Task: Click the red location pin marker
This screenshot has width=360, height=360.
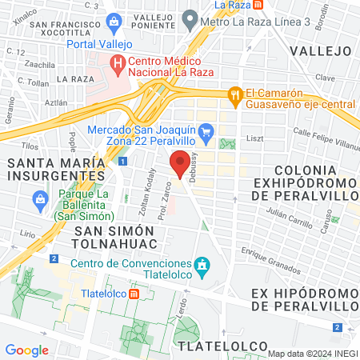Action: tap(178, 164)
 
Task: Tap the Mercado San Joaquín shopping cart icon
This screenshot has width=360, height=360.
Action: tap(206, 130)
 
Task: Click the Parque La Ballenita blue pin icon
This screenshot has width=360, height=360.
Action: tap(39, 198)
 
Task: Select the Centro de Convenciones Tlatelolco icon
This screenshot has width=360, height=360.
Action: tap(202, 264)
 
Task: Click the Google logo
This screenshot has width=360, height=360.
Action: tap(27, 350)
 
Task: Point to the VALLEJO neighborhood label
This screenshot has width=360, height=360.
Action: tap(321, 50)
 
